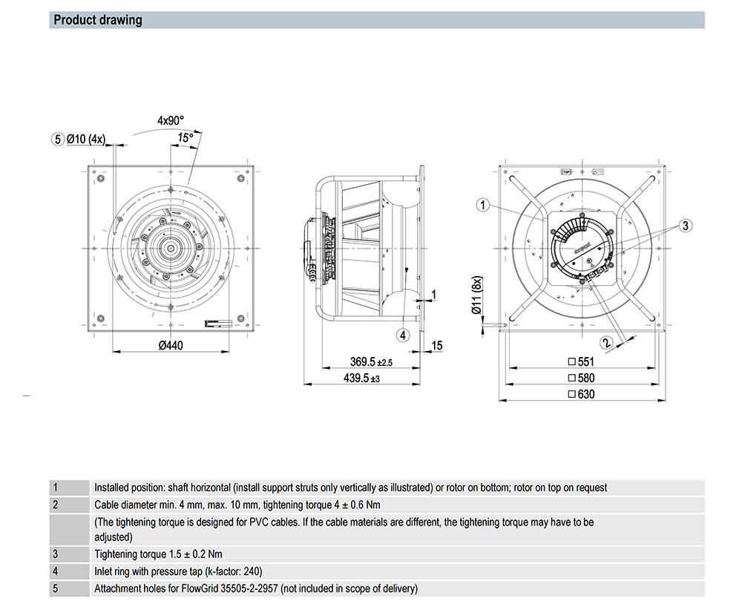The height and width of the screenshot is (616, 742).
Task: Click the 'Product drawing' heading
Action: coord(98,20)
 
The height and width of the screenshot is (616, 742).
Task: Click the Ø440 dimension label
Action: coord(171,344)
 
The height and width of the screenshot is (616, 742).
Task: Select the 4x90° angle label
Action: coord(170,119)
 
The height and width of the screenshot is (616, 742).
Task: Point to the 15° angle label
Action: coord(185,137)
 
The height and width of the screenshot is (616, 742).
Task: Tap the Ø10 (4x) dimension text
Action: coord(87,139)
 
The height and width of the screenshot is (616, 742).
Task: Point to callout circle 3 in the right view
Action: coord(685,225)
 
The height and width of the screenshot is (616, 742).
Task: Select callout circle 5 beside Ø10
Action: coord(58,139)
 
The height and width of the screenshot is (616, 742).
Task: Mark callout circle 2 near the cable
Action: coord(606,342)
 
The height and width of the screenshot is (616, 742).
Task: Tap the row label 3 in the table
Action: coord(55,554)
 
